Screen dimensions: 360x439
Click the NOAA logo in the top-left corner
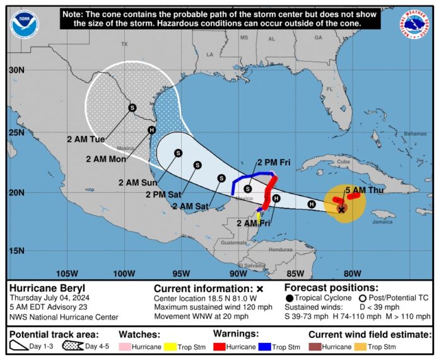(x=23, y=25)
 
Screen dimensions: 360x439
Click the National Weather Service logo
(x=414, y=23)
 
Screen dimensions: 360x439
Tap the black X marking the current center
(x=342, y=209)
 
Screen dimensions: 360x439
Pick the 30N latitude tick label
(x=16, y=71)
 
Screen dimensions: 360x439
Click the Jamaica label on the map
(x=382, y=222)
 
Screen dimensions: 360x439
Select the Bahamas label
(x=415, y=134)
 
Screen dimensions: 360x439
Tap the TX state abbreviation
(x=124, y=44)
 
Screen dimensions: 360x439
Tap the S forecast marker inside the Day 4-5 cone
(x=132, y=108)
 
